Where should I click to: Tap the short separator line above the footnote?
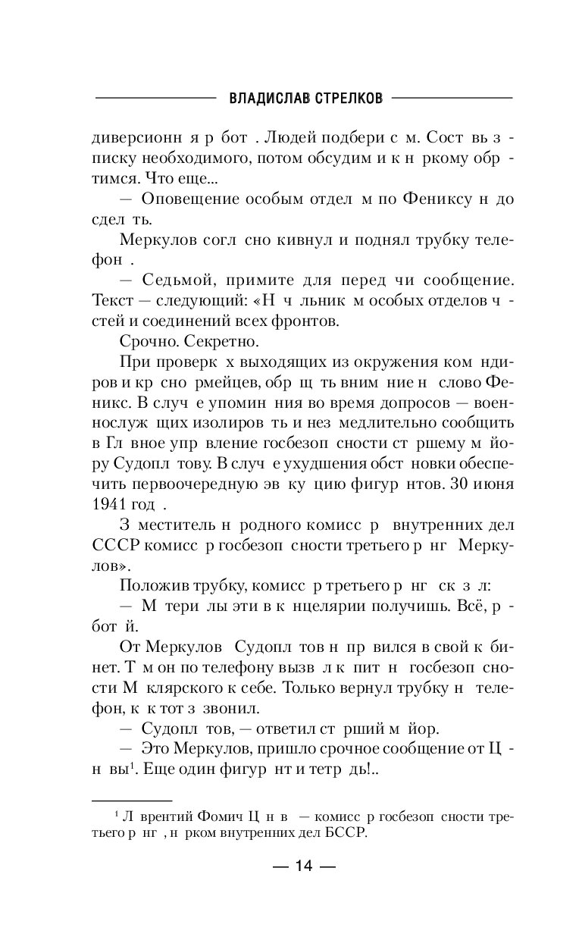click(132, 801)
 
